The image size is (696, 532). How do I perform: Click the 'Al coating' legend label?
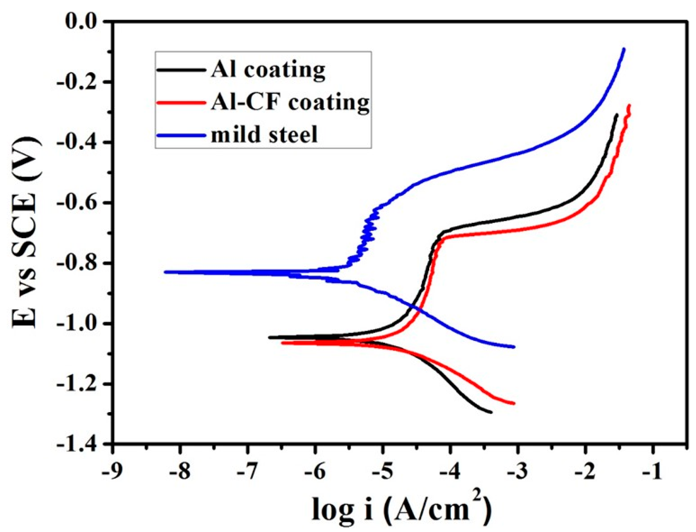pos(268,70)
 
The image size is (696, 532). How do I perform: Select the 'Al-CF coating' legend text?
pos(290,102)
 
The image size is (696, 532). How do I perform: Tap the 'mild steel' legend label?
pos(264,135)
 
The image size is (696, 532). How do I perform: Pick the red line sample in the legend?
pos(181,103)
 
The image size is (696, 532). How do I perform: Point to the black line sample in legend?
pos(181,70)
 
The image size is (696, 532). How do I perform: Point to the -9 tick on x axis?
pos(112,472)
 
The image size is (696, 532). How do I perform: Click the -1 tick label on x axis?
pos(653,472)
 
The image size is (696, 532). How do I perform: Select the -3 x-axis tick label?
pos(517,472)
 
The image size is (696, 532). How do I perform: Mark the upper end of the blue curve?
pos(624,49)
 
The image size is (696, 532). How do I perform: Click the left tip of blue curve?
pos(165,272)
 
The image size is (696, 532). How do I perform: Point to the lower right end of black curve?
pos(491,412)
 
